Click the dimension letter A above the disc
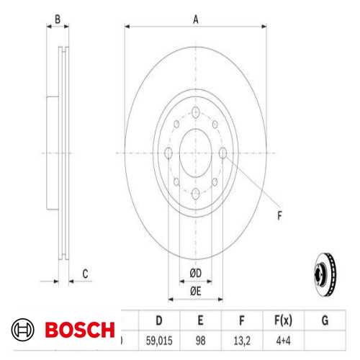pos(195,20)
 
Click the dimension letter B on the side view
pos(58,20)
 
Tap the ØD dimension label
pos(195,272)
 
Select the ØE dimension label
pos(195,290)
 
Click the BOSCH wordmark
pos(80,330)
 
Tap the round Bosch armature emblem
pos(23,330)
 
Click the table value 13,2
pos(241,338)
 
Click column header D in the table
pos(158,319)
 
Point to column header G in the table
pos(324,319)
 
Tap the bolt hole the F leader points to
pos(223,152)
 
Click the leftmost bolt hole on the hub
pos(168,152)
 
